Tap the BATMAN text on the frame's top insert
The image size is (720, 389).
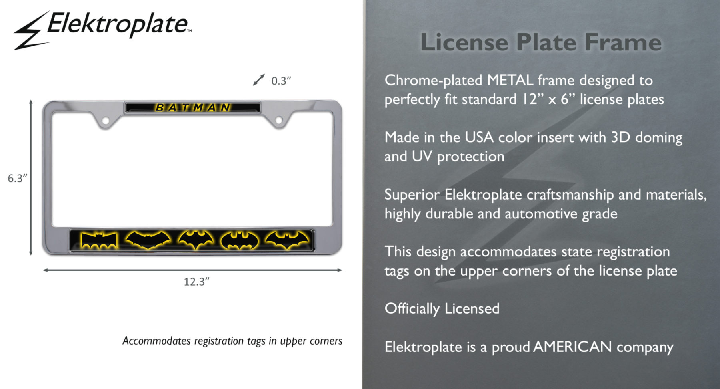pos(193,108)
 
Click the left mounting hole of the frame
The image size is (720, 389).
pos(106,120)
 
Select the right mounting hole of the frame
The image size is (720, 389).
pos(279,120)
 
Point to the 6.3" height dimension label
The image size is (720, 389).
pos(18,178)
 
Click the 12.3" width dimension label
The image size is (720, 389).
pos(196,282)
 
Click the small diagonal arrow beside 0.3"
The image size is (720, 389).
pos(259,80)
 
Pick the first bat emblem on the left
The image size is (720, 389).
pos(99,240)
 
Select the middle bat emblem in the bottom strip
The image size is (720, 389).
pos(196,240)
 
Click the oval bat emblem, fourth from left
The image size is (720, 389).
pos(240,240)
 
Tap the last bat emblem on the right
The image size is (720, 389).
pos(287,240)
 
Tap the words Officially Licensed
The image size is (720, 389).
pos(442,309)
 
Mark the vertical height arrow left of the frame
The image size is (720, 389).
pos(31,177)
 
